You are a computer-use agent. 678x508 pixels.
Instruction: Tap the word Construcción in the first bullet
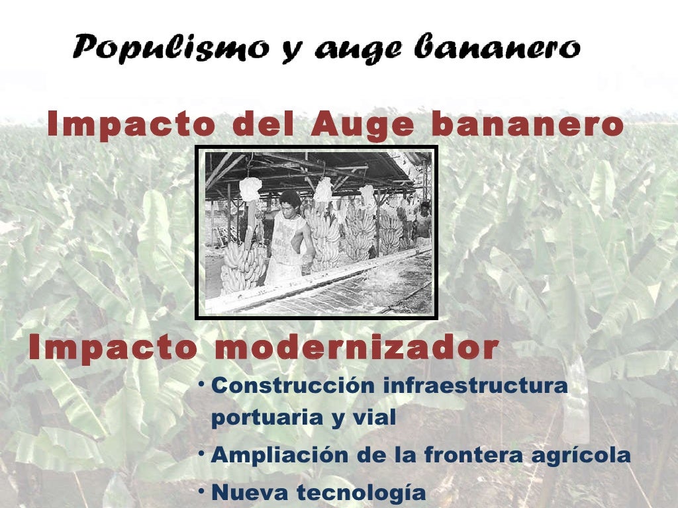pos(295,386)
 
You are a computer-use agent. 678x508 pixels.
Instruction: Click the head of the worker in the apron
pos(289,201)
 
